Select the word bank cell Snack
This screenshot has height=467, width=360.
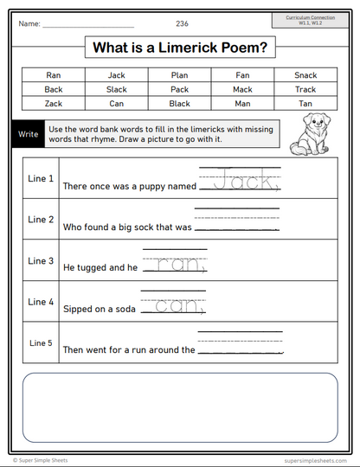[305, 75]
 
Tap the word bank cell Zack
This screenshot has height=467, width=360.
[54, 103]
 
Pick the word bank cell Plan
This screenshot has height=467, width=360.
[179, 75]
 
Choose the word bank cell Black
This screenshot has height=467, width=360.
[179, 103]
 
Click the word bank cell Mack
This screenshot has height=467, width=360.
[242, 89]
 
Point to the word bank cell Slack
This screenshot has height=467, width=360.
[116, 89]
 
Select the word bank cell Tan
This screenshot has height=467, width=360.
[305, 103]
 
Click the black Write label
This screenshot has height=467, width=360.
[27, 135]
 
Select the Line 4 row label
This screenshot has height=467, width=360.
[41, 302]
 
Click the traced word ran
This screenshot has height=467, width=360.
[179, 265]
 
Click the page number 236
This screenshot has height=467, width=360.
[182, 23]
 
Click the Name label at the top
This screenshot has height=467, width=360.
[29, 23]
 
